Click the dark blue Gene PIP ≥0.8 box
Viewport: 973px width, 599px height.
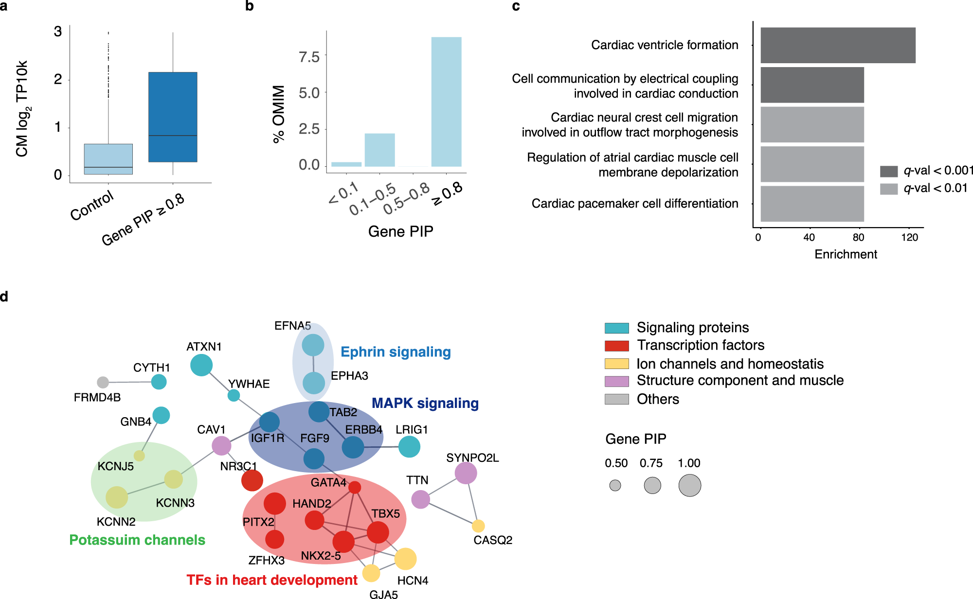pos(173,117)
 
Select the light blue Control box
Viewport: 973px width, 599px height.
pos(108,159)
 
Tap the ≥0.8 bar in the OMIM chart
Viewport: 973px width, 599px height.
pos(446,102)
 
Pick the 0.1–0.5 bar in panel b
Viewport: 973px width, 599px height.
pos(379,150)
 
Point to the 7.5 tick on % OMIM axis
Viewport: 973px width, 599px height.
pos(309,57)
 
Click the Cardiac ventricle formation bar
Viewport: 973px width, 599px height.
pos(838,45)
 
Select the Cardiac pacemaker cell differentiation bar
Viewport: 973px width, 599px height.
pos(812,204)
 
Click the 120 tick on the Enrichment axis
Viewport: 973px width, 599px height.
pos(909,237)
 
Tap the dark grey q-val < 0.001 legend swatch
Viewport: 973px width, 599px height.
pos(888,171)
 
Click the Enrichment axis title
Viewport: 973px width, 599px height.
pos(846,254)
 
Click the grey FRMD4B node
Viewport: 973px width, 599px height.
pos(103,382)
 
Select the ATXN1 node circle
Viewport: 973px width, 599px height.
pos(201,365)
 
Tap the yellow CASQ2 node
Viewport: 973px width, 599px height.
pos(478,526)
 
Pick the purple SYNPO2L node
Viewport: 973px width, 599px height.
pos(466,473)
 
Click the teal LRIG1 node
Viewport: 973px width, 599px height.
pos(409,446)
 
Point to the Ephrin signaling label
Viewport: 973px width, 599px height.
pos(396,352)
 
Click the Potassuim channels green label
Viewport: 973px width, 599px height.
pos(137,540)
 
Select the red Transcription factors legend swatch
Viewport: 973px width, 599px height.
pos(616,346)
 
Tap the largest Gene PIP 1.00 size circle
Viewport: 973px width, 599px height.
pos(689,485)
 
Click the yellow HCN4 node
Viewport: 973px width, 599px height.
pos(405,559)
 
